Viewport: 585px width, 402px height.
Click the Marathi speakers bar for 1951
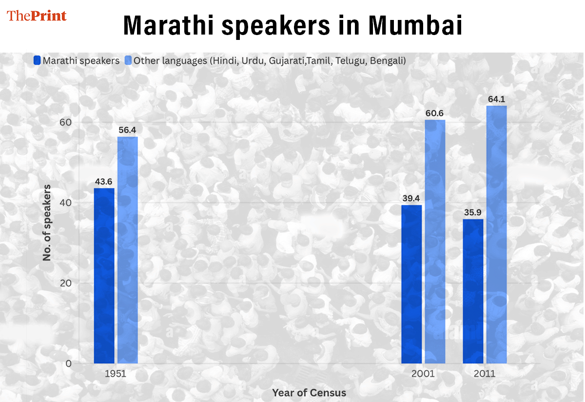[104, 275]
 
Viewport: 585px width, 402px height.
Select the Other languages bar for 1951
[127, 250]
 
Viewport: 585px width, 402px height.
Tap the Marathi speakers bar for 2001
[411, 284]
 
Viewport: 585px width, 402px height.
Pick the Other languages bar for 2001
[435, 241]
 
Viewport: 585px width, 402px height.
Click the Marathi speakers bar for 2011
[473, 291]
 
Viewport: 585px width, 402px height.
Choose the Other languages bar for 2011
[497, 234]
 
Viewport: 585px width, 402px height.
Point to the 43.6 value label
[104, 182]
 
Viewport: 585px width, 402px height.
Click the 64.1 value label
[497, 99]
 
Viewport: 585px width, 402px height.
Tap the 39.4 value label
[411, 199]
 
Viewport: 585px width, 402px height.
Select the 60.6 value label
[435, 113]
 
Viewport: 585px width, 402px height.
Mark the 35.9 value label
[473, 213]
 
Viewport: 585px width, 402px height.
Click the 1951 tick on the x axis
[116, 374]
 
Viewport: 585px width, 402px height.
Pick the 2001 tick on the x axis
[423, 374]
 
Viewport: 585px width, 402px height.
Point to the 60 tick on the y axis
[65, 122]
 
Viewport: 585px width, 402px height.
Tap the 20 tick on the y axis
[65, 283]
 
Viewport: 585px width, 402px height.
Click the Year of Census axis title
[309, 393]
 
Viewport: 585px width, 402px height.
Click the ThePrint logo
[37, 16]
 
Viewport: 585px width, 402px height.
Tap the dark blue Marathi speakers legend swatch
[37, 61]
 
